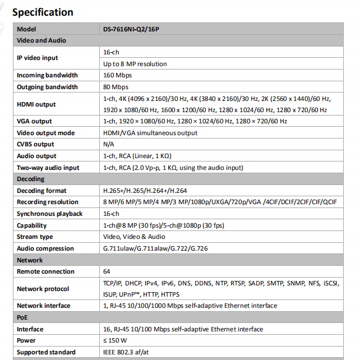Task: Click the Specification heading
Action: (x=43, y=12)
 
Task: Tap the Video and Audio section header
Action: (x=41, y=40)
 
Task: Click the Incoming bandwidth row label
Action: (x=47, y=75)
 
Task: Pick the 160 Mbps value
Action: (x=117, y=75)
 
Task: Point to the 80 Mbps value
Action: (x=116, y=87)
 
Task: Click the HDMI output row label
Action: (x=36, y=104)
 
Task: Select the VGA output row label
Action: (x=34, y=121)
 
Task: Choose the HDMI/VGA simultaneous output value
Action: (x=150, y=133)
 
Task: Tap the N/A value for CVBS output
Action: (x=109, y=144)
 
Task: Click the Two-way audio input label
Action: (x=48, y=168)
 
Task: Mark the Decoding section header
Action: (x=31, y=179)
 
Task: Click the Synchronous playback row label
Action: (x=50, y=214)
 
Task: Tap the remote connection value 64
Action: (x=107, y=271)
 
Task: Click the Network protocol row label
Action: (x=43, y=289)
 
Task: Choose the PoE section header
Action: (x=23, y=317)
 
